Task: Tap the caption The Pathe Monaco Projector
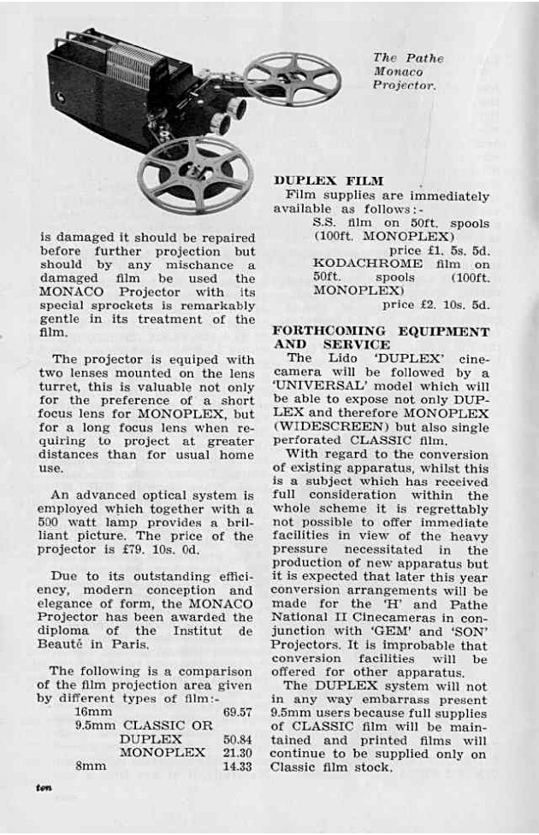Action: click(x=406, y=72)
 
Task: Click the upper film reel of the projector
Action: click(x=293, y=79)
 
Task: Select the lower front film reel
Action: click(x=195, y=173)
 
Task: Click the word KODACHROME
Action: click(x=368, y=263)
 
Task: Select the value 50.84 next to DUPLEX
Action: click(x=237, y=738)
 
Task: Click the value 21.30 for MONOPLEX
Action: click(x=237, y=752)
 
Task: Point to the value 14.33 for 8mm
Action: click(x=237, y=767)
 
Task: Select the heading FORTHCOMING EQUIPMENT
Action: click(x=381, y=332)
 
